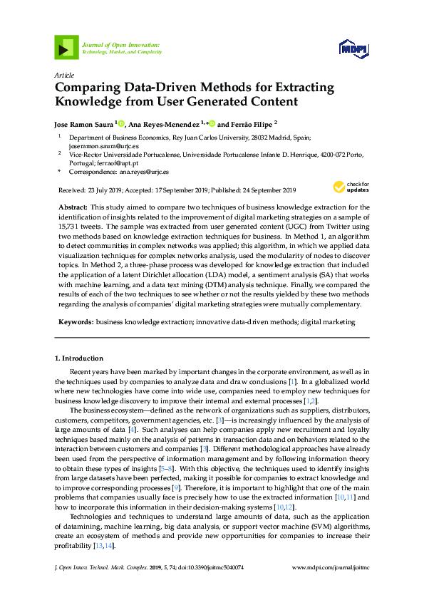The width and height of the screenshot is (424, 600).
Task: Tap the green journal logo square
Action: [66, 48]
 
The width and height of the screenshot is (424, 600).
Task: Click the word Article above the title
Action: [63, 74]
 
